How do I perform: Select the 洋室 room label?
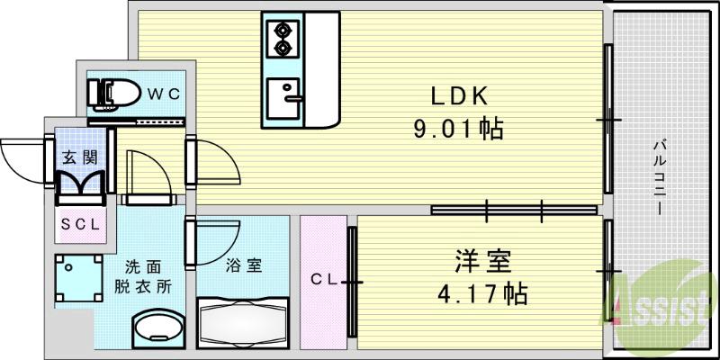coord(482,263)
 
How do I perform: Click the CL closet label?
coord(325,281)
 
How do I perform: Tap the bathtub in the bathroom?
coord(241,322)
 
